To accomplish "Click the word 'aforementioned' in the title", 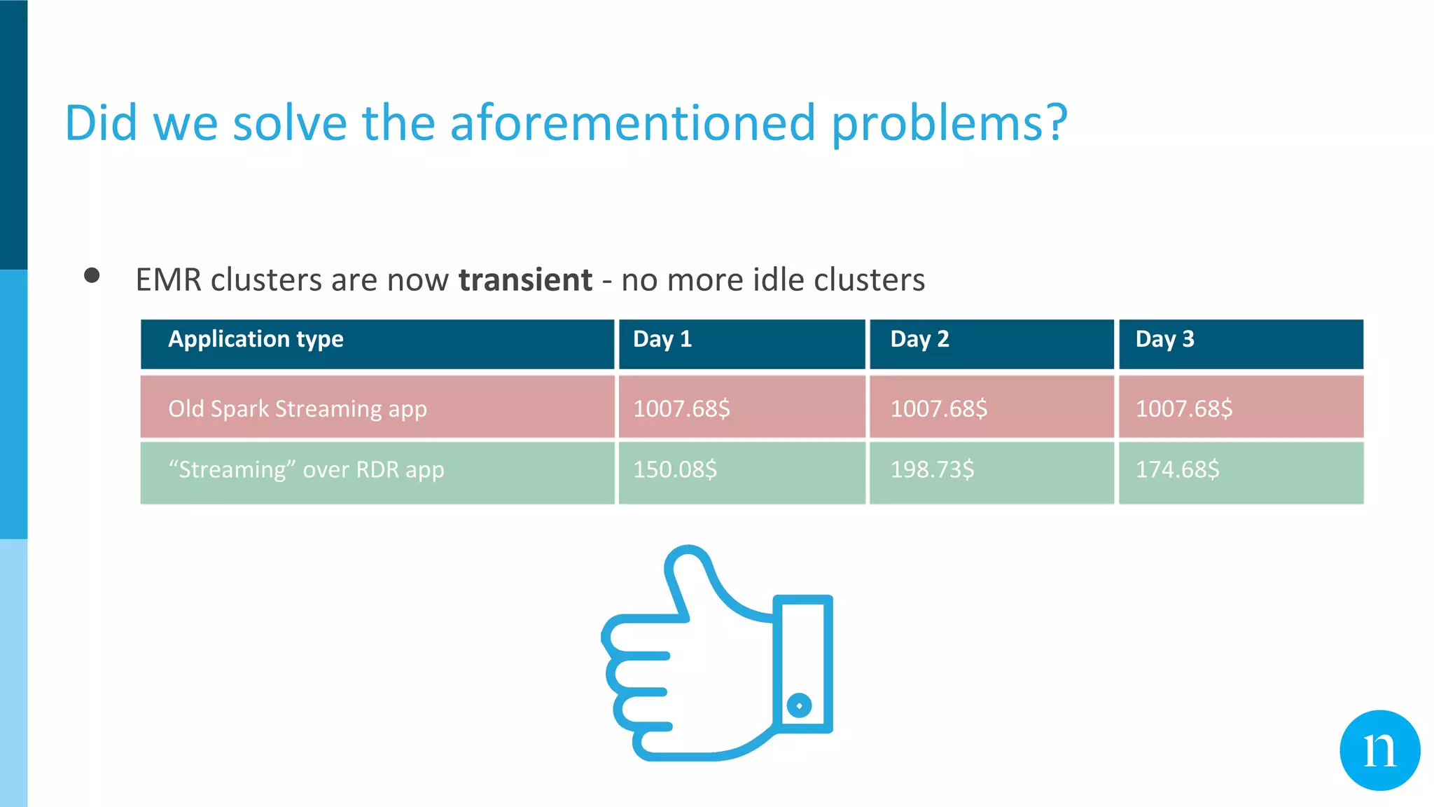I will click(632, 123).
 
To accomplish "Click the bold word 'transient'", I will click(525, 280).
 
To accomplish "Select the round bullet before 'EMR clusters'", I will click(92, 275).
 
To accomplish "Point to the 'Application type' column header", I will click(256, 339).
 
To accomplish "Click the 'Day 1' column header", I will click(662, 339).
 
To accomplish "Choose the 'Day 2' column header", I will click(919, 339).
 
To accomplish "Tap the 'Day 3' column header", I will click(1164, 339).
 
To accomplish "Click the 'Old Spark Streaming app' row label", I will click(298, 408).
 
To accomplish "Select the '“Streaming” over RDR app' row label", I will click(306, 469).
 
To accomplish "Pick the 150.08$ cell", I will click(675, 469).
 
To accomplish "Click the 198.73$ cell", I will click(932, 469).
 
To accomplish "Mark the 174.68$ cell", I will click(1177, 469).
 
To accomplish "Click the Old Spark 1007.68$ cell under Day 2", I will click(938, 408).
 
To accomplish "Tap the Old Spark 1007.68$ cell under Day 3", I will click(1183, 408).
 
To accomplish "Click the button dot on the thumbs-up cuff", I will click(799, 705).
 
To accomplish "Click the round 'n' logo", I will click(1379, 750).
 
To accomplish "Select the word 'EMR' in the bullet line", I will click(168, 280).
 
